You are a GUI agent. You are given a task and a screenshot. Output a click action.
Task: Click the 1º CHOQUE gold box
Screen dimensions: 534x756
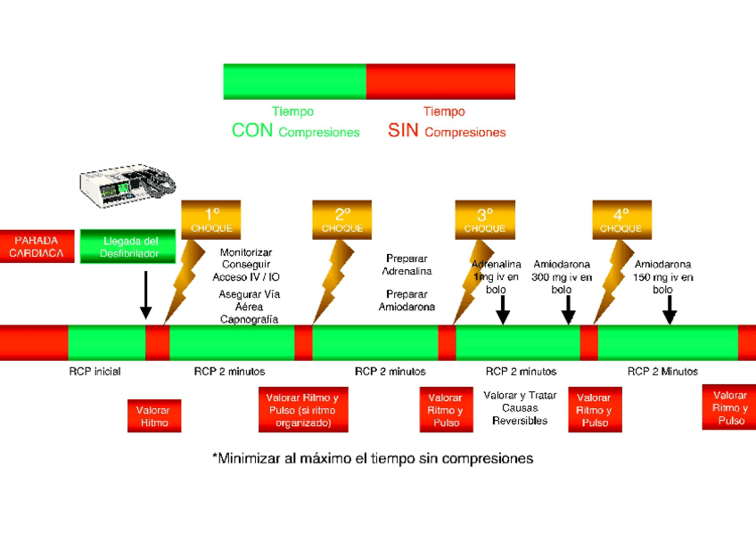(x=211, y=219)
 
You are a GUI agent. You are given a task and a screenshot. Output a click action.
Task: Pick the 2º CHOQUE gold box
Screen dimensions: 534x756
(x=342, y=219)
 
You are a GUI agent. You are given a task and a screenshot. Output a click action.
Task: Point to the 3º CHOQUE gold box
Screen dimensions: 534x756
(x=485, y=219)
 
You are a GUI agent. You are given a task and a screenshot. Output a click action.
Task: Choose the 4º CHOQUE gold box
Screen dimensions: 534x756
(x=621, y=219)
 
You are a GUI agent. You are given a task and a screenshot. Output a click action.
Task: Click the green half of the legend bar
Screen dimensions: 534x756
(x=294, y=81)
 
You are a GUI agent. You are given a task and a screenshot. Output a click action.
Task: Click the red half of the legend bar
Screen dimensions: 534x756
(x=440, y=81)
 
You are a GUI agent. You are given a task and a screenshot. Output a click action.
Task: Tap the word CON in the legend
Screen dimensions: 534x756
(x=252, y=131)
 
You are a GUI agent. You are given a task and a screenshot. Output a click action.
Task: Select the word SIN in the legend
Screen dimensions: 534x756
(x=404, y=131)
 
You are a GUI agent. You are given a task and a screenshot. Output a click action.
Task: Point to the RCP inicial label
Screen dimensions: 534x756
(x=94, y=372)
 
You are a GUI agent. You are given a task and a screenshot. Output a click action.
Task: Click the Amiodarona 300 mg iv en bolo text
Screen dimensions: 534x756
(x=562, y=276)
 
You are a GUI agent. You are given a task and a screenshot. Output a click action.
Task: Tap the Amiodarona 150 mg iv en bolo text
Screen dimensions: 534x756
(x=662, y=276)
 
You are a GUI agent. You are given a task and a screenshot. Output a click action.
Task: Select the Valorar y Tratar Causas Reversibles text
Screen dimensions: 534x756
(x=520, y=407)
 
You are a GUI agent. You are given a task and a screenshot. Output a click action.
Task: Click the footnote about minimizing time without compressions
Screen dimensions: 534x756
(x=373, y=458)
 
